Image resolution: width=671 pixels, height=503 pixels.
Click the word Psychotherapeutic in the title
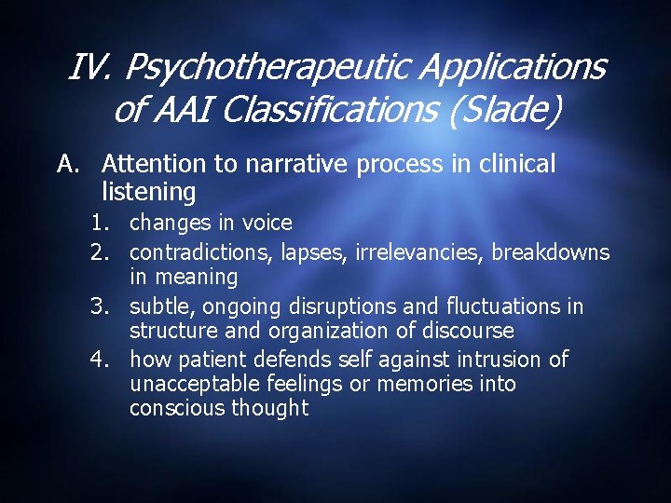(266, 68)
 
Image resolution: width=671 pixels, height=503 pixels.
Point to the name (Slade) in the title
(502, 111)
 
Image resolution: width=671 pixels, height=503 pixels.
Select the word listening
(148, 193)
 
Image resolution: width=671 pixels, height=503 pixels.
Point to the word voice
(267, 224)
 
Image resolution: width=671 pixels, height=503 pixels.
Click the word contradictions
(192, 252)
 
